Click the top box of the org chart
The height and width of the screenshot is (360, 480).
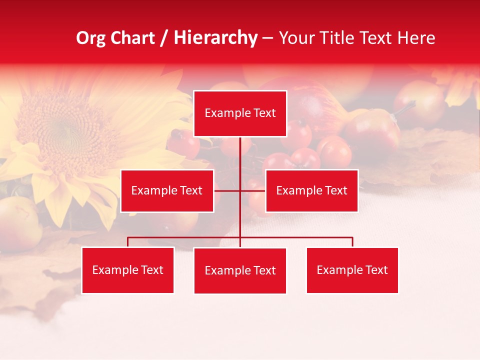pos(240,113)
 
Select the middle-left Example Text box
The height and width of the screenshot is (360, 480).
pos(167,190)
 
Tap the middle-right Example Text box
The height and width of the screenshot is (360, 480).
pos(311,190)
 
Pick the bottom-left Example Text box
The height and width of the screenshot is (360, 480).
pos(128,270)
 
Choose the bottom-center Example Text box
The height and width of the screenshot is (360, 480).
pos(240,270)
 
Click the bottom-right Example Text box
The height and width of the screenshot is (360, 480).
pos(352,270)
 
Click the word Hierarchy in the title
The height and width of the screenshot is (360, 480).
pos(215,38)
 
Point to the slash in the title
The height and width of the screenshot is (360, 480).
pos(164,38)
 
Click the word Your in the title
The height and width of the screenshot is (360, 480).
pos(294,38)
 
